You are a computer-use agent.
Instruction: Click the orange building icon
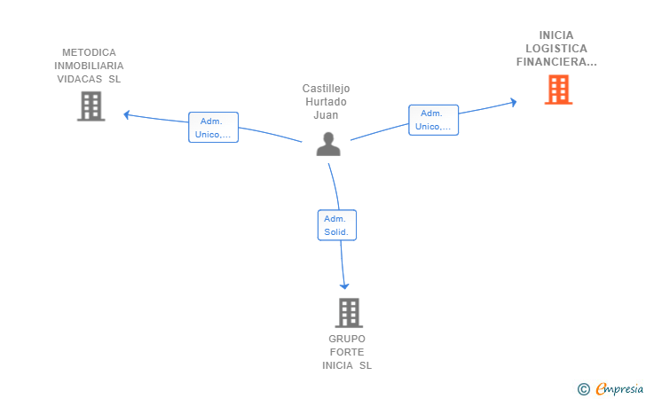(x=558, y=90)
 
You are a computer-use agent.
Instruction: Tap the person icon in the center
(x=328, y=144)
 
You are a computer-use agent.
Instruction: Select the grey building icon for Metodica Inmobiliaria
(x=91, y=106)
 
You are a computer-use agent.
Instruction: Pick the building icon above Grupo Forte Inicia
(x=349, y=313)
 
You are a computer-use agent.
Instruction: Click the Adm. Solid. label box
(x=337, y=225)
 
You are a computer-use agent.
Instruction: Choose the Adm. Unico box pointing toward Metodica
(x=213, y=127)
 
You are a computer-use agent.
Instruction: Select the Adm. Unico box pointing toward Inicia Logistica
(x=433, y=120)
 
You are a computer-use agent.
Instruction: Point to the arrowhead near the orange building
(x=513, y=103)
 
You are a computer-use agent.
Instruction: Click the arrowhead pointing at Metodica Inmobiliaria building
(x=127, y=115)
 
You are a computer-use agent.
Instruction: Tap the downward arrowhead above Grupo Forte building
(x=344, y=286)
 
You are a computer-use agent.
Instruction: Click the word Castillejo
(x=326, y=89)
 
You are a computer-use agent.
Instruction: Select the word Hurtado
(x=326, y=102)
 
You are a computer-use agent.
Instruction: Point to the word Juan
(x=326, y=115)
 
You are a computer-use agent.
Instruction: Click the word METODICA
(x=89, y=52)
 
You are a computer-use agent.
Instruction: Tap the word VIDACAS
(x=80, y=79)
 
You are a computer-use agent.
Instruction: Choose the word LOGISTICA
(x=556, y=49)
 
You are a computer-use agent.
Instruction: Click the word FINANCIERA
(x=552, y=62)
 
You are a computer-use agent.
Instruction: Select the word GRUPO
(x=347, y=339)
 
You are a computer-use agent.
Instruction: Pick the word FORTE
(x=347, y=352)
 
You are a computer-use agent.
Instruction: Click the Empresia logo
(x=611, y=388)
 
